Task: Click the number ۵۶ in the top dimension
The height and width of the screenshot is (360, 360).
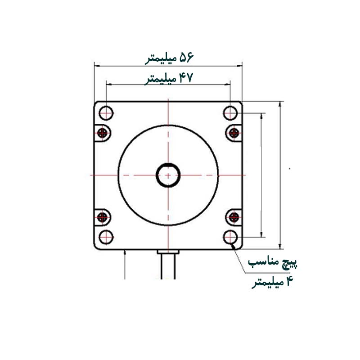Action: (186, 57)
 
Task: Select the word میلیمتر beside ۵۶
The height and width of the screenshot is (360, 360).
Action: (161, 59)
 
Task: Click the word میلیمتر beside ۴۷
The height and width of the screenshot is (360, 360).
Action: (161, 80)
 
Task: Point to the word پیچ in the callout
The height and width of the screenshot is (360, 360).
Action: (290, 263)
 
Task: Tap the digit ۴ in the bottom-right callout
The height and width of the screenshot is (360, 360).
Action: (290, 281)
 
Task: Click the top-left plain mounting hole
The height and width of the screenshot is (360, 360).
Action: (106, 113)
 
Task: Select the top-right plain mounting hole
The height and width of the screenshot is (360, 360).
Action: (230, 113)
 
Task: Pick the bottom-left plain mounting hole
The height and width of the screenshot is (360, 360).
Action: (106, 237)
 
